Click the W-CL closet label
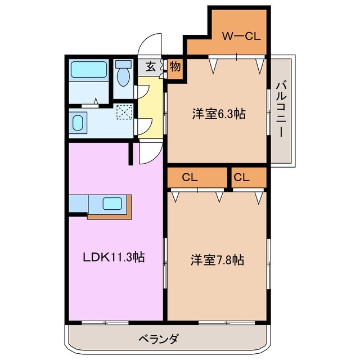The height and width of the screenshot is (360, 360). (241, 36)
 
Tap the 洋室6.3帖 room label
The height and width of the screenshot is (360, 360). (219, 114)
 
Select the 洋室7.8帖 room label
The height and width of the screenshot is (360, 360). (217, 260)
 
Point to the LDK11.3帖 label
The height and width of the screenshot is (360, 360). (114, 257)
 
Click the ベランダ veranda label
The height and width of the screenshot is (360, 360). (159, 339)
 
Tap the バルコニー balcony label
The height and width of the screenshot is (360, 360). (281, 110)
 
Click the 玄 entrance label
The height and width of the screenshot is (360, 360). (151, 66)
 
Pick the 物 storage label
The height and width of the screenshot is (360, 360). (175, 66)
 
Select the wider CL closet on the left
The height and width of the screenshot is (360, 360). (197, 178)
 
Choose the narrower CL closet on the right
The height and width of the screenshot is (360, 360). (249, 178)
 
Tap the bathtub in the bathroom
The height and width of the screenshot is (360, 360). (89, 70)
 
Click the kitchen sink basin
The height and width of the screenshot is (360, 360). (112, 204)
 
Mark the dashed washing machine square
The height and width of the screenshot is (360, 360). (125, 112)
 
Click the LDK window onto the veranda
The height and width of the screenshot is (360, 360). (105, 322)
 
